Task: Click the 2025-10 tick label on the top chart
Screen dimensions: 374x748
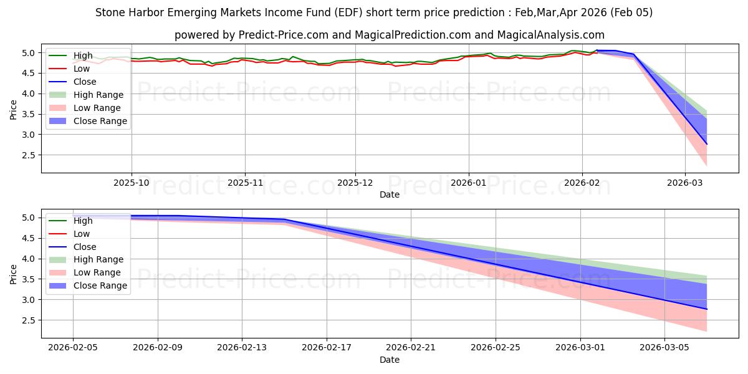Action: pos(131,183)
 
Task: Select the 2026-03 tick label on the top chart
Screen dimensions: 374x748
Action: pos(685,183)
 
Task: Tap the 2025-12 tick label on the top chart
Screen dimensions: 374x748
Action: pos(355,183)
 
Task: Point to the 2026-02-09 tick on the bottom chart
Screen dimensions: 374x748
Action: pos(157,348)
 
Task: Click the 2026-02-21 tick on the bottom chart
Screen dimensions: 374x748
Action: pos(411,348)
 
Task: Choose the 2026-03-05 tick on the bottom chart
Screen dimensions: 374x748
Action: pos(664,348)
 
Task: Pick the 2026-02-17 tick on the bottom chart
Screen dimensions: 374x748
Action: pos(327,348)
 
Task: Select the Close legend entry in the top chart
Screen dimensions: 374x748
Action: pos(85,82)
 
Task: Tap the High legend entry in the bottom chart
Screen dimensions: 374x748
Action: pos(83,221)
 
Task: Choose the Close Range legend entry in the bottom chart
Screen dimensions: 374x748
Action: pos(100,285)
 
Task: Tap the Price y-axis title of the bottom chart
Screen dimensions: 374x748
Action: pos(14,273)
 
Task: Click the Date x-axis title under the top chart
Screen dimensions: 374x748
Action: pos(390,194)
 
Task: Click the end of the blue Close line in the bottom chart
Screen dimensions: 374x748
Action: pos(707,309)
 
